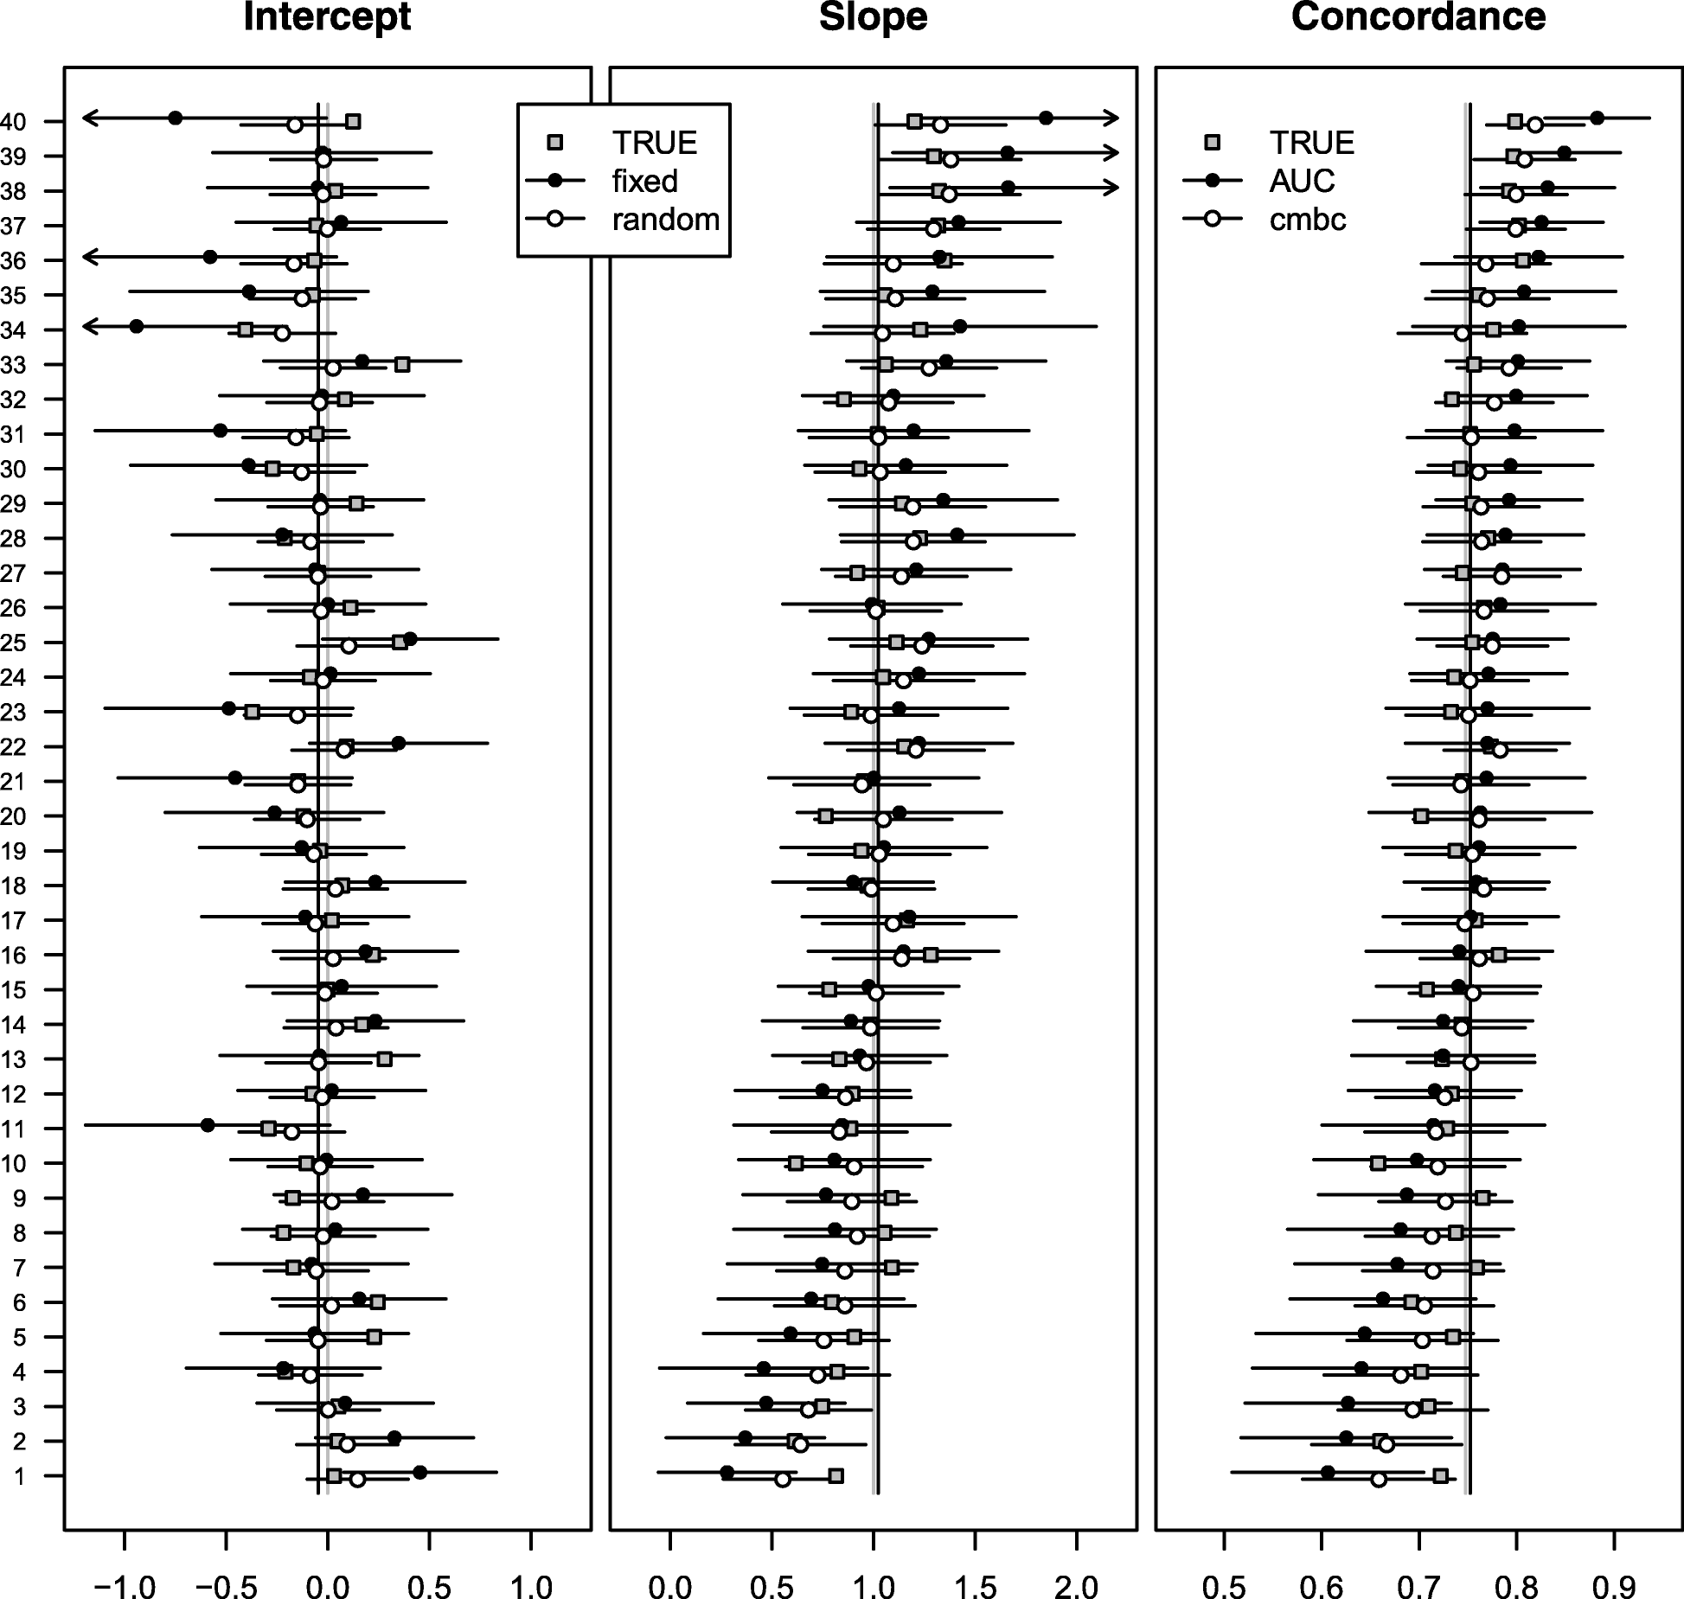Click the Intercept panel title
pyautogui.click(x=327, y=17)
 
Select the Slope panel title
pyautogui.click(x=873, y=17)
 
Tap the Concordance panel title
pyautogui.click(x=1418, y=17)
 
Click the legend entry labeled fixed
pyautogui.click(x=644, y=181)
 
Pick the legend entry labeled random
pyautogui.click(x=665, y=220)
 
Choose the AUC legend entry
pyautogui.click(x=1302, y=181)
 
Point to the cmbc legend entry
pyautogui.click(x=1307, y=220)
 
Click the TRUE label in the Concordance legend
pyautogui.click(x=1311, y=143)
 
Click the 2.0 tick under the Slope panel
pyautogui.click(x=1076, y=1564)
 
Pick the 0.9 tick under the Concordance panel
pyautogui.click(x=1614, y=1564)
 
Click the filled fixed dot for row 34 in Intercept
pyautogui.click(x=136, y=326)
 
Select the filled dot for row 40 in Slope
pyautogui.click(x=1046, y=118)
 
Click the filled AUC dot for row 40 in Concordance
pyautogui.click(x=1597, y=118)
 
